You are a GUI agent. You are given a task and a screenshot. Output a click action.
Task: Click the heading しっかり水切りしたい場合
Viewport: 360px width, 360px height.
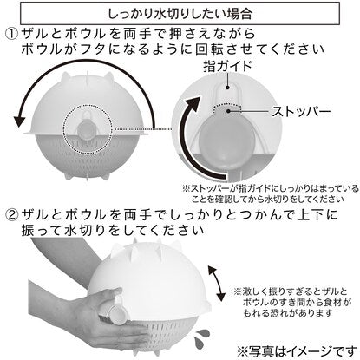[x=180, y=14]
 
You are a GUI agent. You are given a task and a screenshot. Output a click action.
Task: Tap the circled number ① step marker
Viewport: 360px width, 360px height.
[x=12, y=35]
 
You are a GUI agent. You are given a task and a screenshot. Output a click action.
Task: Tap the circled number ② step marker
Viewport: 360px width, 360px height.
[x=12, y=214]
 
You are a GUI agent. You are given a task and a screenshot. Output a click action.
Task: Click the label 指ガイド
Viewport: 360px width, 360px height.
[x=227, y=66]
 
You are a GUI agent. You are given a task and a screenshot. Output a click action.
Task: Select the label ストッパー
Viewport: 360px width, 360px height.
[x=301, y=112]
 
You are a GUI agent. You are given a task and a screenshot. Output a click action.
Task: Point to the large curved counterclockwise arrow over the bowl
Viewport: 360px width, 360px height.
[x=87, y=62]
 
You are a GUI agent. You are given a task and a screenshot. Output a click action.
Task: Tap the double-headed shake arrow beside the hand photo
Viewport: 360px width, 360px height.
[x=216, y=284]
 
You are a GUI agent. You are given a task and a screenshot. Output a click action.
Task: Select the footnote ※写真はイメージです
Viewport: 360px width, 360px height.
[x=298, y=351]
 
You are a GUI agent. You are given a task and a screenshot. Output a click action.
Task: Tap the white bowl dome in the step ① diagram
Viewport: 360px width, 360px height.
[x=87, y=104]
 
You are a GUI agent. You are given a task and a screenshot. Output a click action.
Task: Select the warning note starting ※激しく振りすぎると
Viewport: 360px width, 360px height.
[x=292, y=302]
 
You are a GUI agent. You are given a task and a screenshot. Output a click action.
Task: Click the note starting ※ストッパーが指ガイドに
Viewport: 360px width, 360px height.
[x=271, y=193]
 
